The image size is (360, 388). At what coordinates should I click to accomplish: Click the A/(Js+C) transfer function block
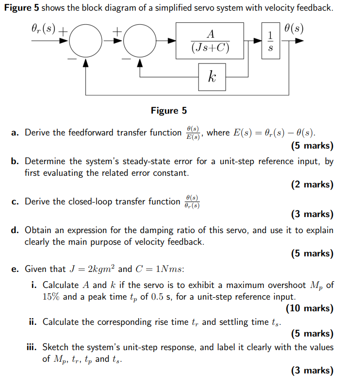[210, 41]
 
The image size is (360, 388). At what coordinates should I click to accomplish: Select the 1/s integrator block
[270, 41]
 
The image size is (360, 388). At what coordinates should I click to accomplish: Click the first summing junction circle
[86, 42]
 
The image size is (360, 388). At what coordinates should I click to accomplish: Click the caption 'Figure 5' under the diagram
[168, 111]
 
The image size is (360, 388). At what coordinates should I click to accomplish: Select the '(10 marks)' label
[310, 308]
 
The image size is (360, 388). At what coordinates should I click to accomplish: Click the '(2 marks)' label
[312, 185]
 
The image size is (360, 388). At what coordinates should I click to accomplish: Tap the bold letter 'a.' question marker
[16, 132]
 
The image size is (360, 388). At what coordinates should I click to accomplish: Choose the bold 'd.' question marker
[16, 230]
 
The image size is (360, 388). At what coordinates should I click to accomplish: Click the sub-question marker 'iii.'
[33, 347]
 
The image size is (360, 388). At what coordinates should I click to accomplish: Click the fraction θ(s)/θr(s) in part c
[192, 202]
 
